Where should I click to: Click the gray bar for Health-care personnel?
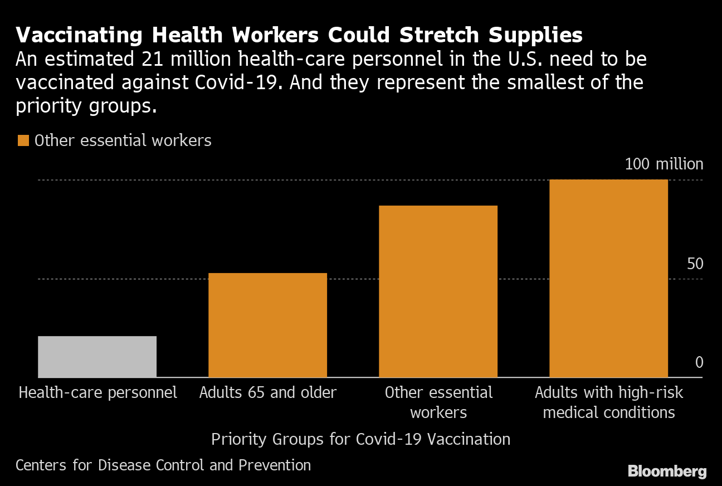click(97, 357)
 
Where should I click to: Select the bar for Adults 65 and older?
click(267, 325)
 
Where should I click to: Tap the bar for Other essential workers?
click(438, 291)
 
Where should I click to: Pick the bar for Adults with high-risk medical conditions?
click(608, 278)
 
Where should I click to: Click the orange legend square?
click(23, 140)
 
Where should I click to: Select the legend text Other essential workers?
click(123, 140)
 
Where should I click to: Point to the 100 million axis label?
click(664, 164)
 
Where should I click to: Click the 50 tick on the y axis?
click(695, 264)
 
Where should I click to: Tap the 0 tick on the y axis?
click(699, 363)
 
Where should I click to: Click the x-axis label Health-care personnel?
click(98, 392)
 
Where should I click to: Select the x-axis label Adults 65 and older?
click(267, 392)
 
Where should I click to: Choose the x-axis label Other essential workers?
click(438, 402)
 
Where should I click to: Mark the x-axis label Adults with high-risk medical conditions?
click(608, 402)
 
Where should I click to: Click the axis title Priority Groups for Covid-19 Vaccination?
click(360, 439)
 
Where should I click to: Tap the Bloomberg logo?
click(667, 471)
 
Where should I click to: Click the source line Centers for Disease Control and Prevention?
click(163, 465)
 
